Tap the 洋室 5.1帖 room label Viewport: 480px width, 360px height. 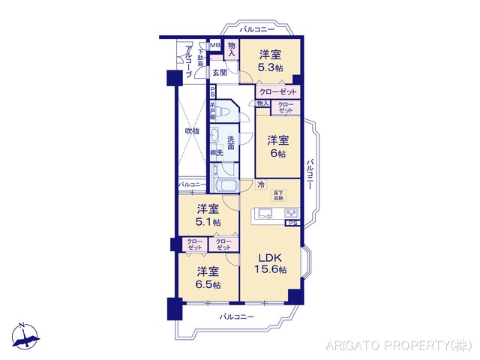point(208,215)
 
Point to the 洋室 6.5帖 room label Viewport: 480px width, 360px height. point(208,277)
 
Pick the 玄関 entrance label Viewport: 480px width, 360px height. point(219,73)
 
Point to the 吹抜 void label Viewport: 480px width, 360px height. point(192,131)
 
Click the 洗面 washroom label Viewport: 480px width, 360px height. point(231,142)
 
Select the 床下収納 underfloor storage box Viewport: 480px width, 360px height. point(278,195)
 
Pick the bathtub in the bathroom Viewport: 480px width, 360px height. point(225,187)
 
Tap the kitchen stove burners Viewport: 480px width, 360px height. point(290,214)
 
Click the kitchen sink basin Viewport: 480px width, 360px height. point(264,214)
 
